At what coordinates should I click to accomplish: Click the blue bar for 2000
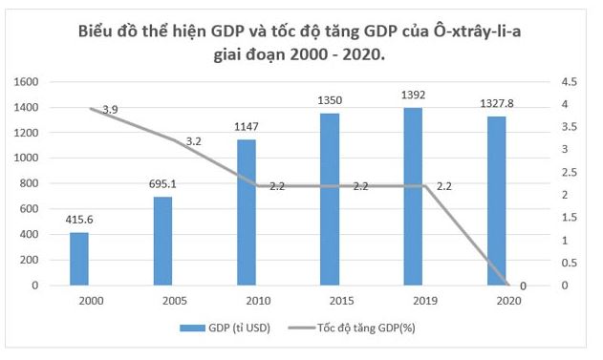click(79, 259)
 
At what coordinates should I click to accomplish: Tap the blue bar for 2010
click(246, 212)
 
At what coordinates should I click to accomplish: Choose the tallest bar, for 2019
click(413, 196)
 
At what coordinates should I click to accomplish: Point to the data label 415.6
click(79, 220)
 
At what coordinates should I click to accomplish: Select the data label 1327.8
click(496, 103)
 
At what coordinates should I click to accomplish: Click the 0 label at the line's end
click(522, 286)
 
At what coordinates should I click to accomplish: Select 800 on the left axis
click(29, 183)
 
